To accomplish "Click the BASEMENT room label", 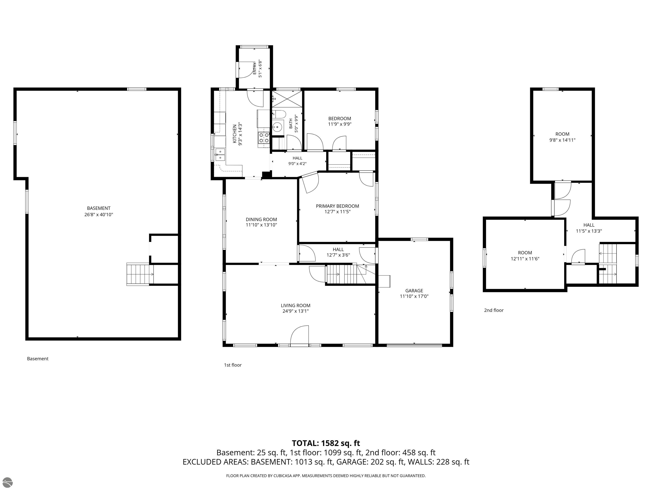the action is tap(98, 208).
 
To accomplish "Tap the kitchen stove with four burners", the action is tap(264, 138).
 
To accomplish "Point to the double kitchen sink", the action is tap(220, 155).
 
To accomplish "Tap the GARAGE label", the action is tap(414, 291).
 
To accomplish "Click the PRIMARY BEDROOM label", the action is tap(337, 206).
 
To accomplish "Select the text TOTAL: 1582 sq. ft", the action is tap(326, 443).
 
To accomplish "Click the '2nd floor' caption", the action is tap(494, 310).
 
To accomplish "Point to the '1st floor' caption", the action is tap(233, 365).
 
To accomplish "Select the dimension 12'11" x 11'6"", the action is tap(525, 259).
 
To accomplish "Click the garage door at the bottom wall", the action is tap(414, 344).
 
